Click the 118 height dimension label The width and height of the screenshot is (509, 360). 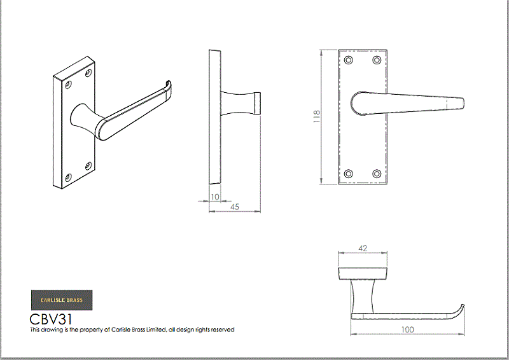(x=316, y=116)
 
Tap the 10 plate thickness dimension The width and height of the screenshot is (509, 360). (x=215, y=197)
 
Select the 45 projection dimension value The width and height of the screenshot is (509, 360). (x=235, y=207)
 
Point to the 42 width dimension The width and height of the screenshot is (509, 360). (x=363, y=248)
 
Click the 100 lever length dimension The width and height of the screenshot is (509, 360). (x=407, y=329)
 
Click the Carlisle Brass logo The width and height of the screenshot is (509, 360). (x=62, y=300)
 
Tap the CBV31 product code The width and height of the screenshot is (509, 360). (x=51, y=319)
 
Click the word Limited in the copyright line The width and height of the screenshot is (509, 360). (x=156, y=330)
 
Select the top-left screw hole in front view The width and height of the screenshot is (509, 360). (x=348, y=60)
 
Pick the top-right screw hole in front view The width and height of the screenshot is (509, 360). (x=377, y=60)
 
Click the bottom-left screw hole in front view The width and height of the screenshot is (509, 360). (x=348, y=174)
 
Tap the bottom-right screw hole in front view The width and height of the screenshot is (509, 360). (x=377, y=174)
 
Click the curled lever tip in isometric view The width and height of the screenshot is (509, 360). (x=168, y=86)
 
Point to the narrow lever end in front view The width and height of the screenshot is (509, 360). (x=456, y=104)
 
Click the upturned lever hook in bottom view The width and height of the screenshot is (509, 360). (x=458, y=310)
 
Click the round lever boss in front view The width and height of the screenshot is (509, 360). (x=359, y=104)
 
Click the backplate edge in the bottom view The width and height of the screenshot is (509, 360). (x=363, y=273)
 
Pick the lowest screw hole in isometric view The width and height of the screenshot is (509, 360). (x=68, y=177)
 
